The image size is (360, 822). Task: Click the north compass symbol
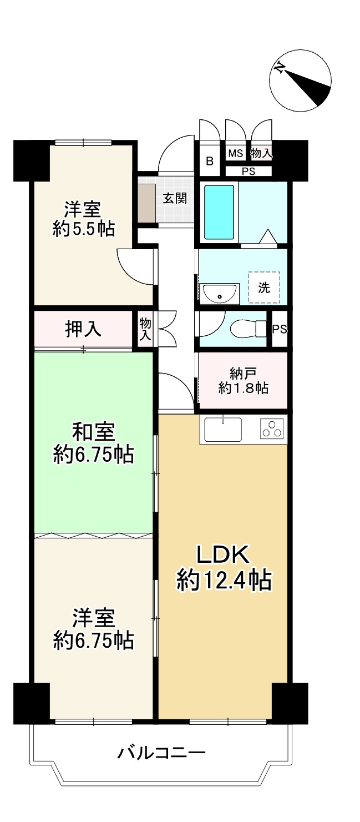[300, 80]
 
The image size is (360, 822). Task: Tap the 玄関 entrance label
[175, 199]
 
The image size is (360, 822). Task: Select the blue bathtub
[219, 212]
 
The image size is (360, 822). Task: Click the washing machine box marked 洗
[264, 288]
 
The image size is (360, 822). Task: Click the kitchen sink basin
[223, 430]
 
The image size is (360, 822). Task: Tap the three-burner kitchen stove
[272, 428]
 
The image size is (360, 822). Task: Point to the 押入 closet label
[83, 329]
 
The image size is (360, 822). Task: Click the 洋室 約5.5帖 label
[83, 219]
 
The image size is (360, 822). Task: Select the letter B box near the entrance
[210, 161]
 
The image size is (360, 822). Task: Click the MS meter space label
[236, 153]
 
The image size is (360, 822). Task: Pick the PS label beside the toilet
[280, 329]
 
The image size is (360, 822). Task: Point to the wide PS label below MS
[249, 172]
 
